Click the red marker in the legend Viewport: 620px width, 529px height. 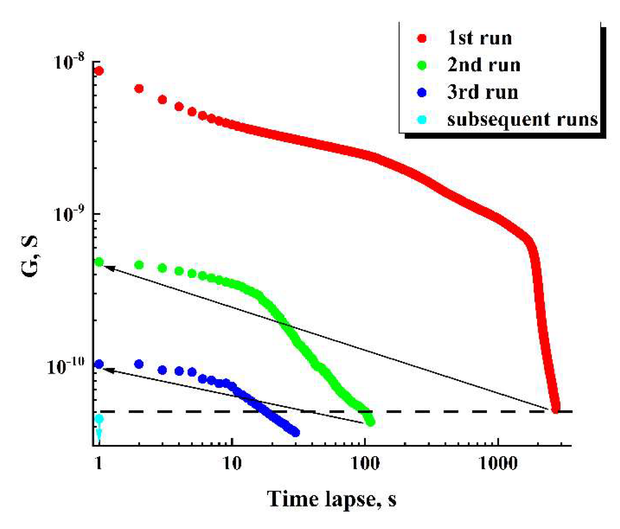(x=422, y=38)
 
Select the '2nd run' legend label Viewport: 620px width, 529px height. (x=484, y=65)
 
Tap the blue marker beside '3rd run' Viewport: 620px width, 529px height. (x=422, y=92)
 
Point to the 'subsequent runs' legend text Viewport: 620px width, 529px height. (x=522, y=120)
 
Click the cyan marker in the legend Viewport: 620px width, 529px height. (x=422, y=120)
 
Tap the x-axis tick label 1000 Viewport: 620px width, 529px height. (x=498, y=464)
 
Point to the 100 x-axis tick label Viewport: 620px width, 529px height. (x=365, y=464)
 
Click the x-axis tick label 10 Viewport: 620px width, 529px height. (x=232, y=464)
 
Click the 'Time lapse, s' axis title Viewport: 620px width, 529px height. (x=331, y=499)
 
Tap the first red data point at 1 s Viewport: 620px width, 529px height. (x=99, y=71)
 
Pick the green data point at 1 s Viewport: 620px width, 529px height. (x=99, y=262)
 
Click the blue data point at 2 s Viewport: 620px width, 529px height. (x=139, y=364)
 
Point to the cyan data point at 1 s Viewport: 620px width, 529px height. (x=99, y=419)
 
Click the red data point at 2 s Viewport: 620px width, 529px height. (x=139, y=89)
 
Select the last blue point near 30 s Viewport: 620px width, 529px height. (x=295, y=432)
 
